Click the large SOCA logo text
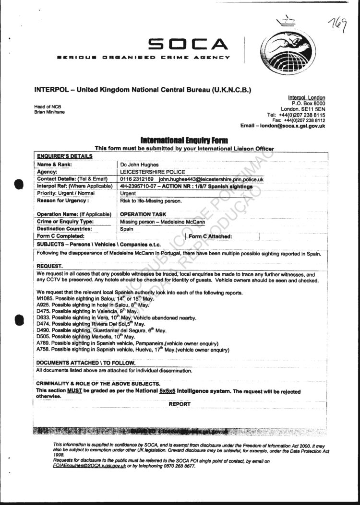point(188,45)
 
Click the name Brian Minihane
point(49,112)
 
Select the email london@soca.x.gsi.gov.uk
point(293,126)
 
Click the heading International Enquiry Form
point(184,141)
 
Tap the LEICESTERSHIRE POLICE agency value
point(152,172)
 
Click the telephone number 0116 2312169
point(137,179)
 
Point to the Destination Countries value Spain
point(127,229)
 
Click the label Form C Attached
point(211,236)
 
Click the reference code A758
point(43,350)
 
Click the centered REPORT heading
point(180,404)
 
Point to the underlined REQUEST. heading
point(49,266)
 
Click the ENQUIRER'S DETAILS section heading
point(65,156)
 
